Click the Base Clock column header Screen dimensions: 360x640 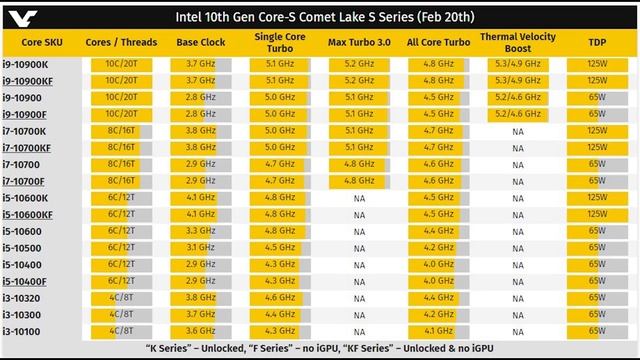200,43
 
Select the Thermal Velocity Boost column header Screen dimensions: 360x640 517,42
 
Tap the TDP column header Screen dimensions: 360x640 596,43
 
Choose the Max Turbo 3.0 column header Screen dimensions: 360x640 359,43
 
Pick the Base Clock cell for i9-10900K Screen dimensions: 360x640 199,63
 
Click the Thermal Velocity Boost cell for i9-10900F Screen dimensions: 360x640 517,114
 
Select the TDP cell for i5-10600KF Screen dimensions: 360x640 596,214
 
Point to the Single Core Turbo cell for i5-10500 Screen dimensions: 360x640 279,247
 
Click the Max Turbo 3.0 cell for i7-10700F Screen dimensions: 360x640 359,181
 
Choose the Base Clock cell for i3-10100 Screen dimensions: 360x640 199,330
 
